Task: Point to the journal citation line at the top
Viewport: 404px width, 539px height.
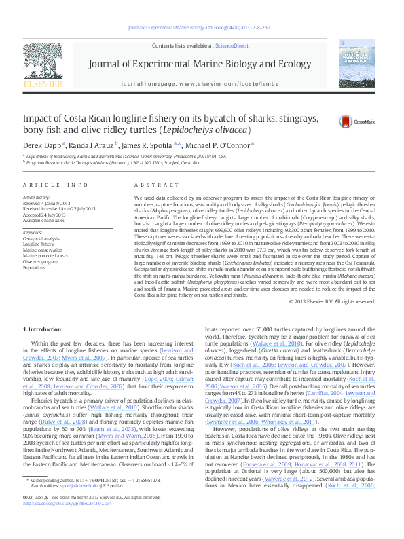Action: [202, 28]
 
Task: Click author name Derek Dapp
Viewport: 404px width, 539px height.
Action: [42, 144]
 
